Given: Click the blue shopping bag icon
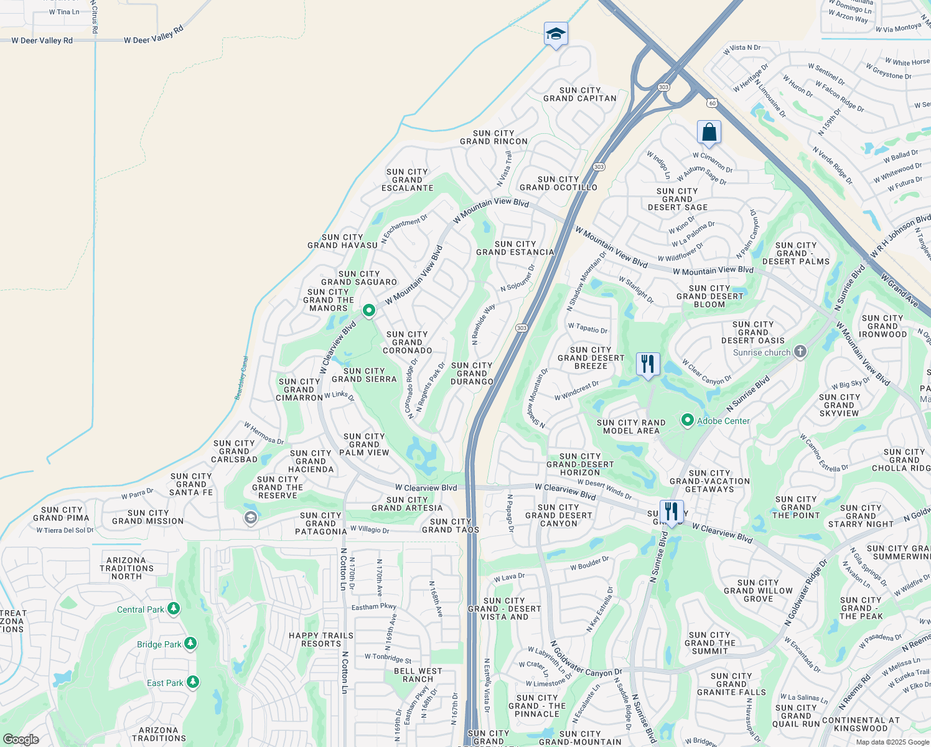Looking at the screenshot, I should [x=709, y=133].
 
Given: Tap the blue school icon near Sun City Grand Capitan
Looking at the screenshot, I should [x=555, y=34].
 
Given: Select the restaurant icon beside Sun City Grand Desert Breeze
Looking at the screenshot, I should [x=648, y=364].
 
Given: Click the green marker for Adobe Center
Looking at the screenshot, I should [x=687, y=421].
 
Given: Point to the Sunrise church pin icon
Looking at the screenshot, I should [x=800, y=352].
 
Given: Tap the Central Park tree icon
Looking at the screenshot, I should [x=174, y=609].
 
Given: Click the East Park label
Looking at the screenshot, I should [x=165, y=683].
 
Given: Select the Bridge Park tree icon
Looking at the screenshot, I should [x=190, y=644].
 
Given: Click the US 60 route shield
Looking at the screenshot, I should [x=711, y=103].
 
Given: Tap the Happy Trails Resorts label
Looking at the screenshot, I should [x=321, y=639].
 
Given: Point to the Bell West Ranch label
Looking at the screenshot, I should [x=418, y=675].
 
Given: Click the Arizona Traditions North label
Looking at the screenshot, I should [x=126, y=568].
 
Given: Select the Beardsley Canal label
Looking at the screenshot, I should [x=242, y=378].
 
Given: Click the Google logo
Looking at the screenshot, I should [x=21, y=740].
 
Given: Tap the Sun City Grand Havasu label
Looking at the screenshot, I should [x=342, y=241].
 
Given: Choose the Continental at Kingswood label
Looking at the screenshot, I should [x=861, y=724].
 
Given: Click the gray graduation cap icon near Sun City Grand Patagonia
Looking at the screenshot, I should [x=251, y=518].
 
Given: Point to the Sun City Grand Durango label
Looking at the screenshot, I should [x=472, y=374].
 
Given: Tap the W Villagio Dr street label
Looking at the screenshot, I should [x=370, y=530].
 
